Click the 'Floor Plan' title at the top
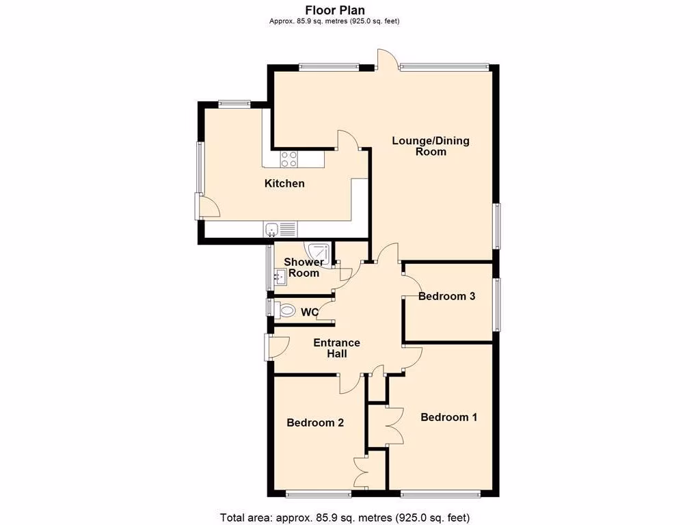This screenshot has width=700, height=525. (335, 10)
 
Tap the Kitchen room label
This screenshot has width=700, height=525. (284, 183)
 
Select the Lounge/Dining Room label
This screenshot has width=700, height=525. (431, 146)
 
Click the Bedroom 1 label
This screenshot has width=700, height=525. (448, 417)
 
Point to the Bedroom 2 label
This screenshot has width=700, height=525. (315, 422)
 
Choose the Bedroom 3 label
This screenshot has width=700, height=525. (447, 296)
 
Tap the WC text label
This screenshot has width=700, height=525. (310, 312)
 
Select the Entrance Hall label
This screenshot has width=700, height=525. (336, 348)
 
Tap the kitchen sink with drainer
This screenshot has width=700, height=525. (280, 230)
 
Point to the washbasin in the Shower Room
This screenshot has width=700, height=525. (280, 277)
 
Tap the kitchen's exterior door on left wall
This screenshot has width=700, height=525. (206, 206)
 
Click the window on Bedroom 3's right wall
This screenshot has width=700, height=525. (498, 304)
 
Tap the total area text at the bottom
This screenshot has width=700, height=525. (345, 517)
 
